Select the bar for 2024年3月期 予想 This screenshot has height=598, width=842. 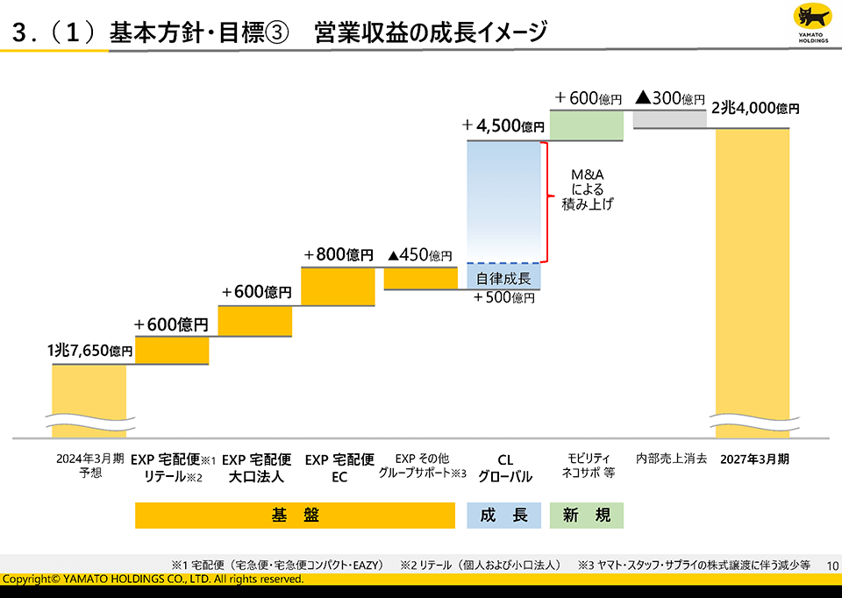click(89, 399)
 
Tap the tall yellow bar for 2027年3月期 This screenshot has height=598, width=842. click(753, 281)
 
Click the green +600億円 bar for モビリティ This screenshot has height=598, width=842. click(586, 125)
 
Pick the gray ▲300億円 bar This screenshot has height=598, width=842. click(669, 119)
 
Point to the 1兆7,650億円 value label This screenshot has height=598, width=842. click(89, 351)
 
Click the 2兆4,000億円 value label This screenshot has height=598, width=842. click(755, 109)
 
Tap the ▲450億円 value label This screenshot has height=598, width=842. click(420, 255)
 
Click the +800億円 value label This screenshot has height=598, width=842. click(339, 255)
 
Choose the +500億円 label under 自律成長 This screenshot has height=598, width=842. click(503, 298)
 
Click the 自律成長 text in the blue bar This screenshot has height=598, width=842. click(503, 279)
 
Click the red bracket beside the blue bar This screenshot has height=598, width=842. click(546, 202)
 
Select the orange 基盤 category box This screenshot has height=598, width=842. click(295, 516)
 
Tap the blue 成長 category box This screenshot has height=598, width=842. click(504, 516)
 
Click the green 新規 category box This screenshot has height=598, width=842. click(586, 516)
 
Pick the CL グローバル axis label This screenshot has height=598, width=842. click(504, 468)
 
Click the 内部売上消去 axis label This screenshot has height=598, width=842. click(671, 459)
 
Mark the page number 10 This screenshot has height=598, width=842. click(832, 566)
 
